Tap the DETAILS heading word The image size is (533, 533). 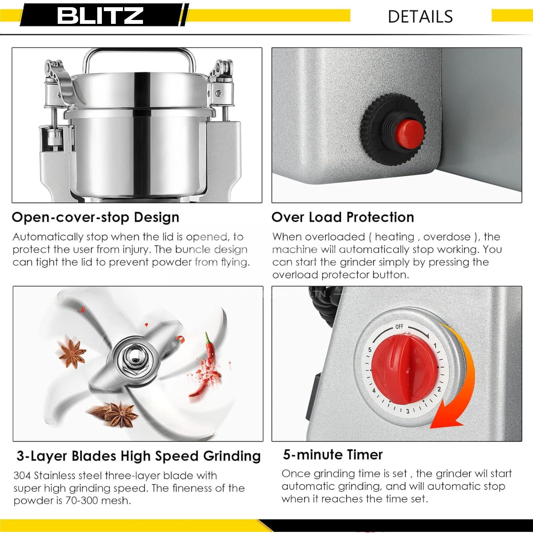(420, 17)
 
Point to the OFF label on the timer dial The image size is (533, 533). (399, 326)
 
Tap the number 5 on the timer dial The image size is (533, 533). (370, 350)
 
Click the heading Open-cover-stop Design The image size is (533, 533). (95, 217)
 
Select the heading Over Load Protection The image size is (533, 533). (343, 217)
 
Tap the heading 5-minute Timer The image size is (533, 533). (333, 455)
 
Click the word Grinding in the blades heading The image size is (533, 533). (232, 456)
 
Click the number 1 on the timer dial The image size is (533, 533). (435, 346)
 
